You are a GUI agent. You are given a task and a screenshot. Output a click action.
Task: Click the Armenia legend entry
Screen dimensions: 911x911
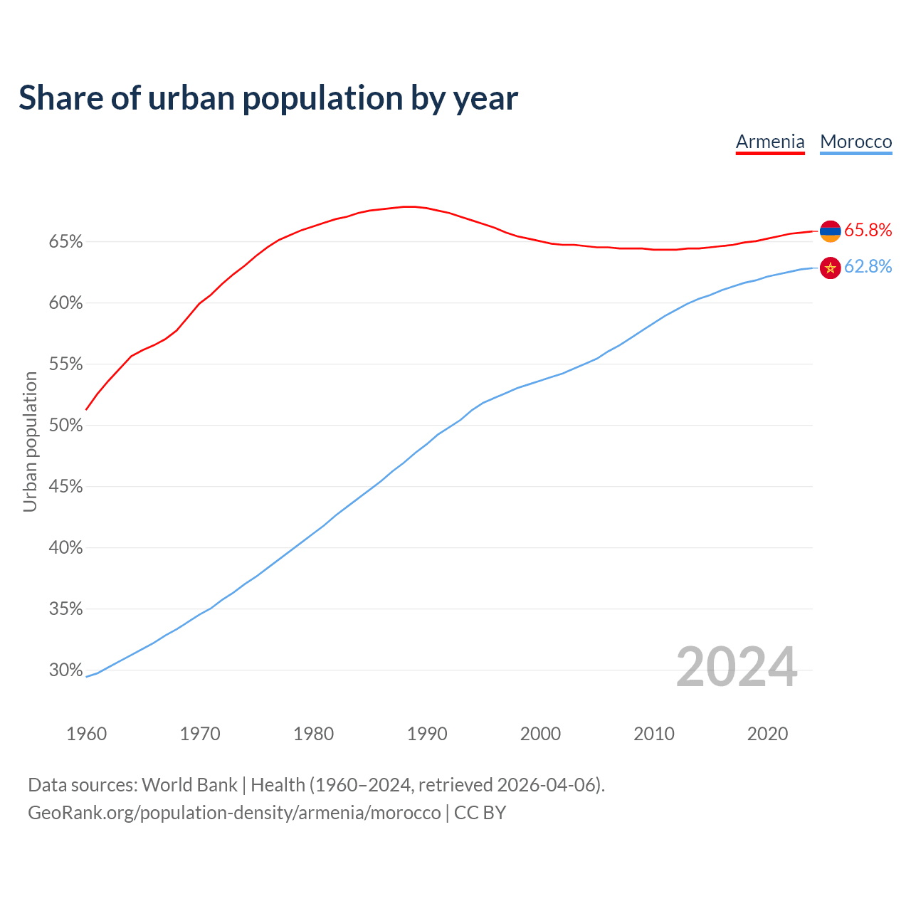[x=770, y=142]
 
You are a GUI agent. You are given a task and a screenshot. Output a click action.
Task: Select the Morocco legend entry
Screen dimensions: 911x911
[x=855, y=142]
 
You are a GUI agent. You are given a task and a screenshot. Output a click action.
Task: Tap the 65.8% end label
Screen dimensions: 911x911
[x=868, y=230]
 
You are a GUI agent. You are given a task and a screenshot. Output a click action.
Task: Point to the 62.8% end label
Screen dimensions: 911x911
[x=868, y=266]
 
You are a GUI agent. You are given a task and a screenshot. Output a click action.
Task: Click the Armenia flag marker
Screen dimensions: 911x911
[x=831, y=231]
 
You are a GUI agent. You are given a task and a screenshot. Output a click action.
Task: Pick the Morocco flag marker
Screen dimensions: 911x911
[x=831, y=268]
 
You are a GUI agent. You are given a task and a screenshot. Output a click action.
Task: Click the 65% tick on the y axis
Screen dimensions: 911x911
[x=65, y=242]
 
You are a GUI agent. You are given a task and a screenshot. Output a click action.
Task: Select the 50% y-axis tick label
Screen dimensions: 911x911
[x=65, y=426]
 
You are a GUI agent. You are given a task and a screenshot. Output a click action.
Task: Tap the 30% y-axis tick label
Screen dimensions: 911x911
[x=65, y=670]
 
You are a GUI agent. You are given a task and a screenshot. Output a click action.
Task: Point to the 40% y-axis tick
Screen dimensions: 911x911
[x=65, y=548]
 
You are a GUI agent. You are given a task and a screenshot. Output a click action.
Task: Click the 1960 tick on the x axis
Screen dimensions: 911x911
[x=86, y=734]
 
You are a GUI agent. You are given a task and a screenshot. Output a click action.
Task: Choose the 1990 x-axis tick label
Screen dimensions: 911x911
[x=427, y=734]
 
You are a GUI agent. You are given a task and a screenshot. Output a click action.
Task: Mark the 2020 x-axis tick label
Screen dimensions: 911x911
[x=767, y=734]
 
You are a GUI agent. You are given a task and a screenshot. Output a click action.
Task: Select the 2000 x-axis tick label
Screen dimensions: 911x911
[x=540, y=734]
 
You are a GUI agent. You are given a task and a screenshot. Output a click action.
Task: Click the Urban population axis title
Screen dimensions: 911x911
[x=30, y=441]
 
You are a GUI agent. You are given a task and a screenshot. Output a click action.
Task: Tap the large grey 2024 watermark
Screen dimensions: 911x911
[x=737, y=667]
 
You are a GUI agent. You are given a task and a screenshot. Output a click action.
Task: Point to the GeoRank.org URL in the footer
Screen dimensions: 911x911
[x=234, y=813]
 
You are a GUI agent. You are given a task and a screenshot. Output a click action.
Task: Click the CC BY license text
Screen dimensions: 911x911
[x=480, y=813]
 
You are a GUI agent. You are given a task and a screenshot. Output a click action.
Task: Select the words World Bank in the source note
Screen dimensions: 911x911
[x=189, y=785]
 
